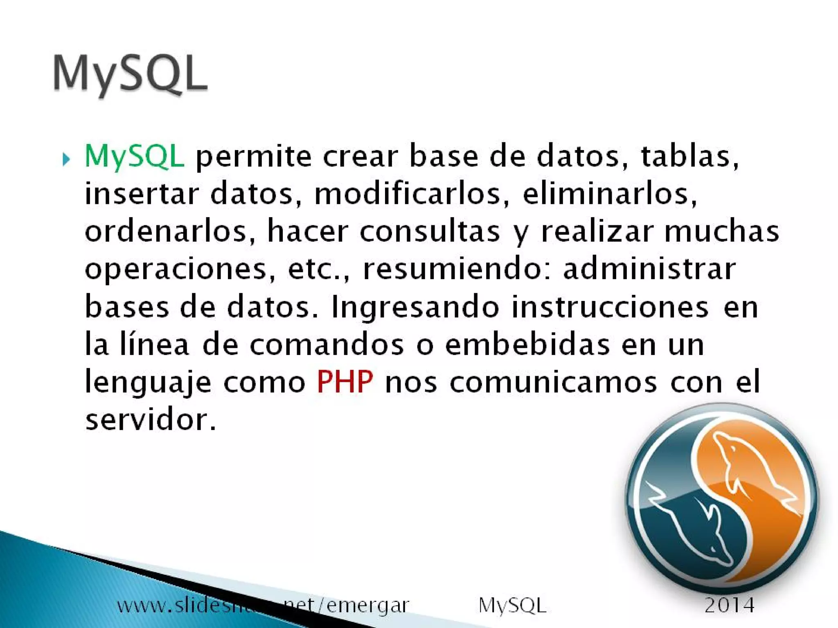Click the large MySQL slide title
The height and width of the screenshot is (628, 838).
pos(130,74)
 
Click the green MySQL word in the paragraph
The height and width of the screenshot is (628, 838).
pos(134,156)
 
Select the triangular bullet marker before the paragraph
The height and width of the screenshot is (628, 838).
pos(66,159)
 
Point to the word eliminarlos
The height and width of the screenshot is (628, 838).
pos(610,194)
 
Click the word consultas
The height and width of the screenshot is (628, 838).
pos(430,231)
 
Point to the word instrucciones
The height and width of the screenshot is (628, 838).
pos(610,307)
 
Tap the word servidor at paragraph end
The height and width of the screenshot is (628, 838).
pos(150,419)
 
